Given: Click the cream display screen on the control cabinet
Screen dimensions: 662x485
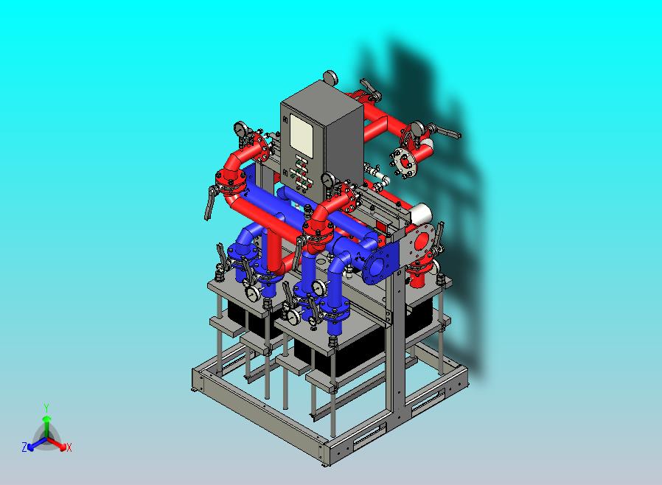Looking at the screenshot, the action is pyautogui.click(x=302, y=133).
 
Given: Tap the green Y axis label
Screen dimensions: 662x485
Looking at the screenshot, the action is pyautogui.click(x=46, y=408).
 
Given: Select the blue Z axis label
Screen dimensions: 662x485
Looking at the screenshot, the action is pyautogui.click(x=24, y=447).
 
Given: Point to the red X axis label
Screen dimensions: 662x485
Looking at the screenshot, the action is pyautogui.click(x=69, y=447).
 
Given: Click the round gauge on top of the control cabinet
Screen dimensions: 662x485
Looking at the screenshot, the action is pyautogui.click(x=330, y=77).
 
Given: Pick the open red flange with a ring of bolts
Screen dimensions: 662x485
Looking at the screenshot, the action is pyautogui.click(x=405, y=161).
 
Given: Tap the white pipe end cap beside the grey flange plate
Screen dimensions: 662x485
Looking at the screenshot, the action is pyautogui.click(x=420, y=214).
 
